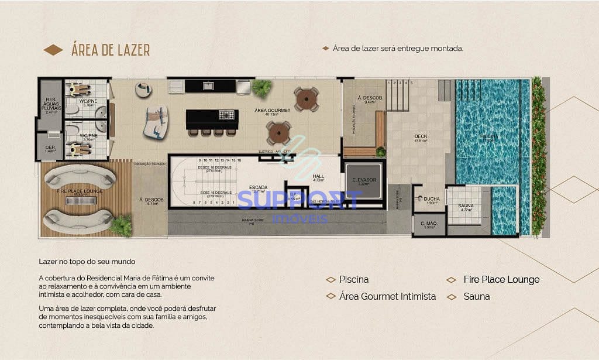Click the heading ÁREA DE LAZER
(111, 50)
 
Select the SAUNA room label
(466, 206)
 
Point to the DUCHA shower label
(432, 198)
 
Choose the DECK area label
(421, 137)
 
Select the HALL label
(318, 176)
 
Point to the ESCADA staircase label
(258, 187)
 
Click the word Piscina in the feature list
(354, 280)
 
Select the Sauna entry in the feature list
(477, 297)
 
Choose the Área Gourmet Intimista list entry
(387, 297)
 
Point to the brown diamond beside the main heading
(53, 50)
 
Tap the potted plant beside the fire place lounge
(122, 225)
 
